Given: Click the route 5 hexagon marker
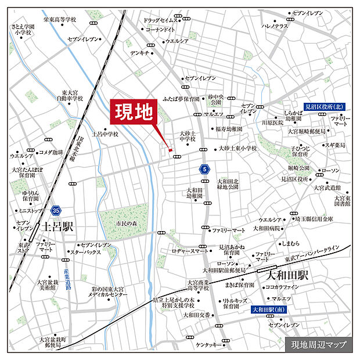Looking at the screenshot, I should (x=204, y=170).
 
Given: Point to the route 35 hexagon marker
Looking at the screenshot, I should (x=56, y=210).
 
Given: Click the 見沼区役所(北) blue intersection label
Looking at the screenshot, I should (x=325, y=107).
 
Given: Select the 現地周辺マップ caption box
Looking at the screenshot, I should (x=319, y=344).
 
